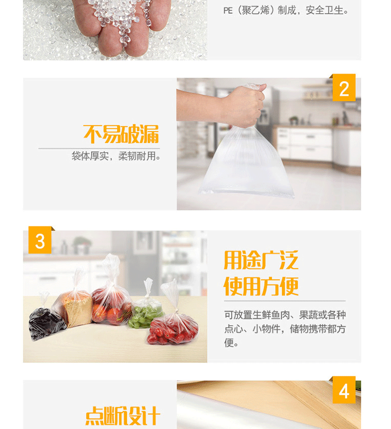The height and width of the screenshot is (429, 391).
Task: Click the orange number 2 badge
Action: click(x=343, y=87)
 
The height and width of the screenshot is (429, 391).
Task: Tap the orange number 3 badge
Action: click(x=40, y=240)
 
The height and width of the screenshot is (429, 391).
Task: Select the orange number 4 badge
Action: click(x=343, y=390)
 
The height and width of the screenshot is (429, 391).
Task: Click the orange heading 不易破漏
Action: click(x=121, y=134)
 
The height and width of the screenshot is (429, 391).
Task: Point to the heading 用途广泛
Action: click(x=261, y=260)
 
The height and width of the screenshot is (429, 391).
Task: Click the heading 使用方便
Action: click(x=261, y=286)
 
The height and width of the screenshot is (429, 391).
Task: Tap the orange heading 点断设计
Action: click(x=123, y=416)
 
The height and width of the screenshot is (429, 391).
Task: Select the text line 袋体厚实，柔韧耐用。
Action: click(x=116, y=156)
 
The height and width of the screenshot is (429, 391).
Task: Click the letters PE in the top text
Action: click(x=228, y=11)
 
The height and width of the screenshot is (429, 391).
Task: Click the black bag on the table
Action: click(x=46, y=324)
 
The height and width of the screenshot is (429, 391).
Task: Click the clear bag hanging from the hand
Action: click(x=246, y=162)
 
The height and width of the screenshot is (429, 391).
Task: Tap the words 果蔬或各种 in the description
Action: click(x=323, y=315)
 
